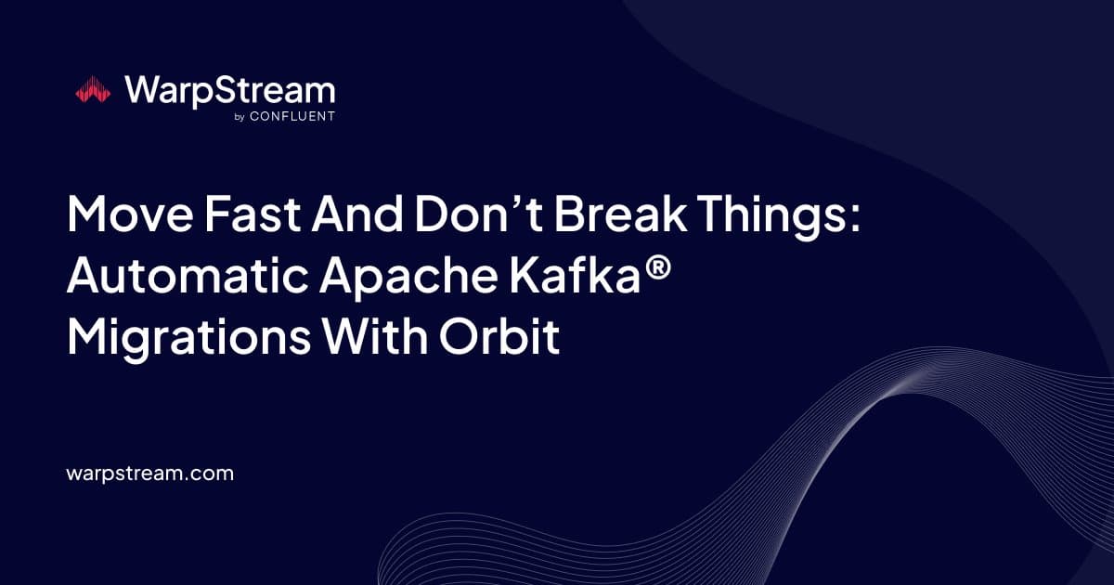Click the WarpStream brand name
click(x=230, y=91)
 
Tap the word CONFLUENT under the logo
click(x=292, y=116)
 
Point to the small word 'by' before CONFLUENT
click(x=240, y=117)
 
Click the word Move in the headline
click(x=130, y=214)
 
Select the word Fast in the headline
click(x=253, y=214)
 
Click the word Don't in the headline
click(x=478, y=214)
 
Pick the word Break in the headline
click(x=621, y=214)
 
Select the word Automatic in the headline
click(x=188, y=275)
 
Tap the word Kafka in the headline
click(x=575, y=275)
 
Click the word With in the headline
click(x=375, y=336)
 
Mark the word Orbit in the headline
click(x=499, y=336)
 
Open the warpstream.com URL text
click(x=149, y=474)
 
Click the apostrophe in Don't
click(x=519, y=202)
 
